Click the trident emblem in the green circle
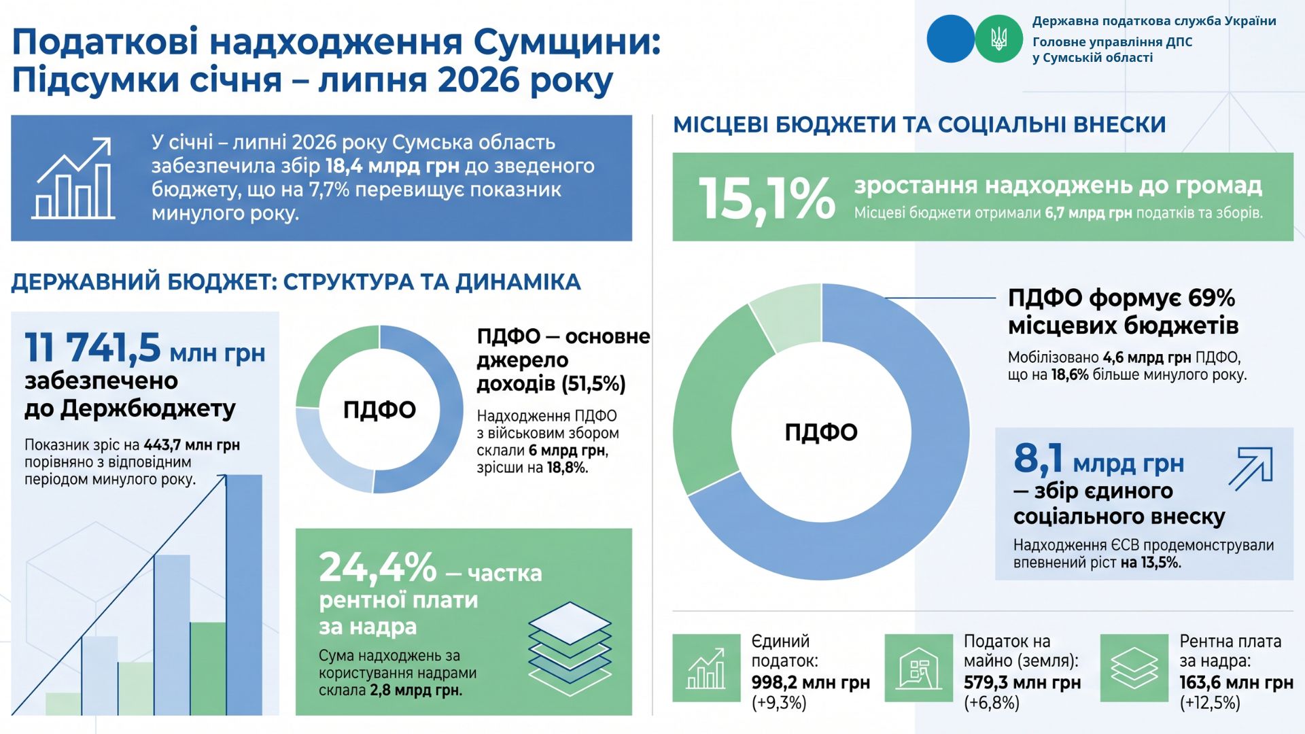click(998, 39)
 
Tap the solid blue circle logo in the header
click(950, 39)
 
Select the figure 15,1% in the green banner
click(767, 198)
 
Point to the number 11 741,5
click(92, 347)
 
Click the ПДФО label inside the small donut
click(379, 410)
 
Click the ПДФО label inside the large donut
click(821, 432)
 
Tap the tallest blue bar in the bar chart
click(244, 595)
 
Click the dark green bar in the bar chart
click(208, 669)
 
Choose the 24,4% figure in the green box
click(378, 567)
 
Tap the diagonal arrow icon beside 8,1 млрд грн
click(1251, 468)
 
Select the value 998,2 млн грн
click(810, 682)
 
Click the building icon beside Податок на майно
click(919, 668)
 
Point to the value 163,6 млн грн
click(1236, 682)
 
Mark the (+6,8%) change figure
click(992, 703)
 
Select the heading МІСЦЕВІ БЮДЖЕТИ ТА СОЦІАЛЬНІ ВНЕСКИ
click(920, 124)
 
